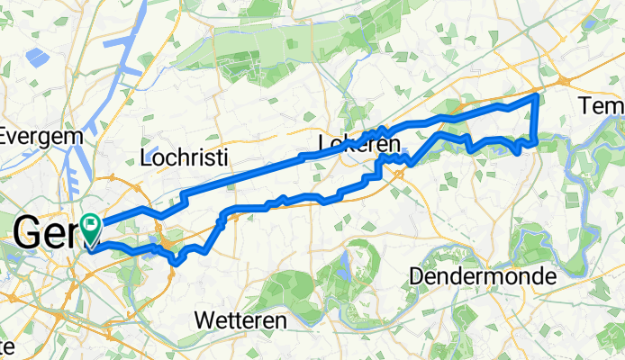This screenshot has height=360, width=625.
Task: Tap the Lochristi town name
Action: (x=186, y=158)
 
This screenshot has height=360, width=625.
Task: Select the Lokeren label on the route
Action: (x=358, y=144)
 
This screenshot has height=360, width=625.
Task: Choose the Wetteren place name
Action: (x=240, y=320)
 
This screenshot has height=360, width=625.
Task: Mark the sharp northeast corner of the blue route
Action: (x=538, y=94)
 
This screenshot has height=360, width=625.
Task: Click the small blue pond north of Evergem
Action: (x=38, y=58)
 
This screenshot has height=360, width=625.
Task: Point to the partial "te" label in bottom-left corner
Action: (x=7, y=346)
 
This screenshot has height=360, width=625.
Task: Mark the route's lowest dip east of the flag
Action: (x=178, y=263)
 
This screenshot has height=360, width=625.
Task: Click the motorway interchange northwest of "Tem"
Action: (x=566, y=81)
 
